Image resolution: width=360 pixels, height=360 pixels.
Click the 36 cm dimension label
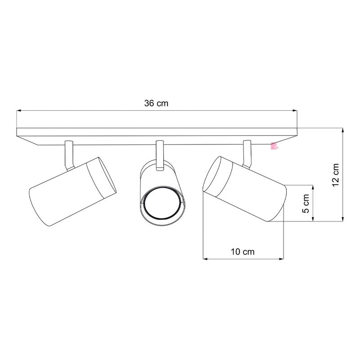[x=156, y=103]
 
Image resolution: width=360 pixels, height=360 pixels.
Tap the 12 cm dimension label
[x=335, y=175]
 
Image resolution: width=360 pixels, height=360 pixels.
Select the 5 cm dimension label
[x=306, y=203]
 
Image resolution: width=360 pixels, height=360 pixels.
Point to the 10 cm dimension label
[x=243, y=252]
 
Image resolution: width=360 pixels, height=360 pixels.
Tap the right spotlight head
[x=245, y=189]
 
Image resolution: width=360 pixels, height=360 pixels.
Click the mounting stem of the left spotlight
[x=68, y=155]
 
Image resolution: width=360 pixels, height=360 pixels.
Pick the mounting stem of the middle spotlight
[x=159, y=155]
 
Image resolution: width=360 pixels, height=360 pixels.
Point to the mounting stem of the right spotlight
[x=247, y=153]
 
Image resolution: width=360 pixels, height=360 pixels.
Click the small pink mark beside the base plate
[x=273, y=145]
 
